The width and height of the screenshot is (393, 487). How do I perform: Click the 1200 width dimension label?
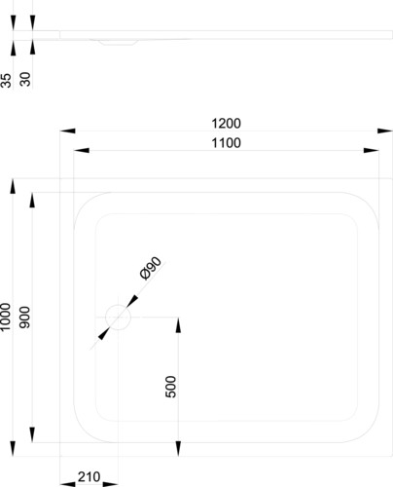(226, 124)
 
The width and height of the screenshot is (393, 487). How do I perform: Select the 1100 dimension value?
(226, 143)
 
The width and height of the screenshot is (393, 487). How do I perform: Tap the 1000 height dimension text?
(6, 318)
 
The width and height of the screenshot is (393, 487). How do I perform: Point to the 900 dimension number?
(25, 318)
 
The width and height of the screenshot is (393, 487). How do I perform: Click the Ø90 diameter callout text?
(151, 268)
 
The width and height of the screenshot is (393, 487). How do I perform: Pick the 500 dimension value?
(170, 387)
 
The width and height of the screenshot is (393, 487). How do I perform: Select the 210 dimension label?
(89, 477)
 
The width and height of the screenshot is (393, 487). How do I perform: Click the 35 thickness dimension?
(6, 80)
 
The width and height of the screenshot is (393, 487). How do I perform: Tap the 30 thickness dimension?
(25, 79)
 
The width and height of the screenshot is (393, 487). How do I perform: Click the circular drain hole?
(118, 318)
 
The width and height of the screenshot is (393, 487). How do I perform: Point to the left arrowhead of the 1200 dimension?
(68, 131)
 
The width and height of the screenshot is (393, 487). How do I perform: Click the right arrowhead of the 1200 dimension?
(385, 131)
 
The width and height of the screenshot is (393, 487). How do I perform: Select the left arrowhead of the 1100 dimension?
(82, 150)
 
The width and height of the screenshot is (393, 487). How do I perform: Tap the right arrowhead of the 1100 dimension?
(372, 150)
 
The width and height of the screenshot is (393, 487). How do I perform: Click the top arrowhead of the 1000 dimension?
(13, 186)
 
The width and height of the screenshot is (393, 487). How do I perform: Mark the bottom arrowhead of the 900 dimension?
(32, 434)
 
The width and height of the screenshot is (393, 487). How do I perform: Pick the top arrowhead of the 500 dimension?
(178, 325)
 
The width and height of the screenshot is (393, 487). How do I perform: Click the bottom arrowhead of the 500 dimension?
(178, 449)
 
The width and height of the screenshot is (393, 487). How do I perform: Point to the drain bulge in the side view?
(118, 42)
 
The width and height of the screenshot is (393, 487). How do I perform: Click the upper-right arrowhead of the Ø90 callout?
(132, 301)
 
